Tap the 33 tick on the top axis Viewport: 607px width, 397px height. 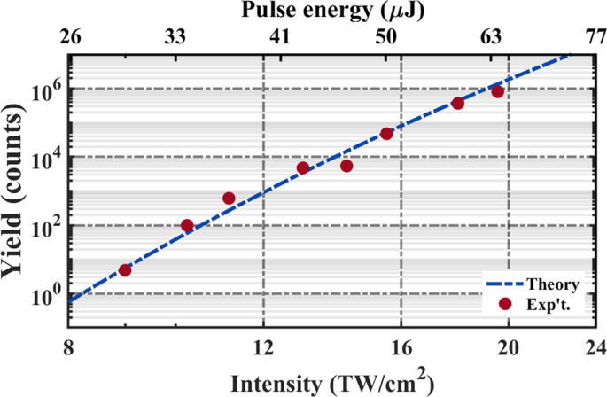(176, 37)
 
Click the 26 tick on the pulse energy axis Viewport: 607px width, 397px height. (70, 37)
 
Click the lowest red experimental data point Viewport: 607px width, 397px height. (125, 270)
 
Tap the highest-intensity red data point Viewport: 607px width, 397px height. (498, 92)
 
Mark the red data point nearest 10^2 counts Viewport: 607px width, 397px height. (187, 225)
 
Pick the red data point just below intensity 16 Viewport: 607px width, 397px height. (386, 134)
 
